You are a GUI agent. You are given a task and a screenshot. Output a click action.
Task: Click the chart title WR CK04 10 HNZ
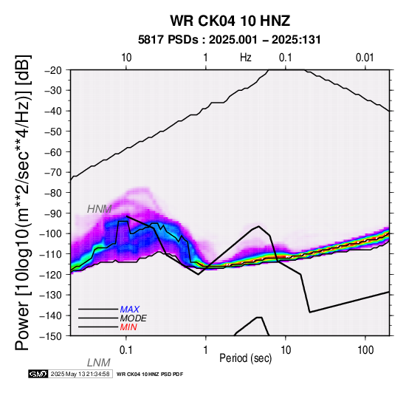click(230, 21)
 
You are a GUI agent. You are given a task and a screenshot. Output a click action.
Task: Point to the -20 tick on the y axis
click(54, 70)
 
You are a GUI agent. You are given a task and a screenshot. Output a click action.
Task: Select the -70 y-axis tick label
click(54, 173)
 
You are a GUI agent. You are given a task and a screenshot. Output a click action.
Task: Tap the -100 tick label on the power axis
click(52, 234)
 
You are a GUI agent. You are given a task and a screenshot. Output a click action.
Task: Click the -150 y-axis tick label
click(52, 336)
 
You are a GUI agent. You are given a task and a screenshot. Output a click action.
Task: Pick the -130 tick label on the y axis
click(52, 295)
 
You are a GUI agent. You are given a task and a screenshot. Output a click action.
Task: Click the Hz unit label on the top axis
click(246, 58)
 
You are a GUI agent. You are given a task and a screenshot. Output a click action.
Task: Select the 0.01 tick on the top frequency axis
click(365, 58)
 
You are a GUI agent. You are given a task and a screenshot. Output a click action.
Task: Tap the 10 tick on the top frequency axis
click(126, 58)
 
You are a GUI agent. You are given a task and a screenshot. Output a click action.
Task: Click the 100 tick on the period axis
click(365, 350)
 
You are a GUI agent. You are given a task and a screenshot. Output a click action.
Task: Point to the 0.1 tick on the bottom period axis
click(126, 350)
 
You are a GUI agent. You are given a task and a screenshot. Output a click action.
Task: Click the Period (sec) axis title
click(245, 358)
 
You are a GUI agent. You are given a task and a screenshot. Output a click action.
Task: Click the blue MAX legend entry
click(130, 310)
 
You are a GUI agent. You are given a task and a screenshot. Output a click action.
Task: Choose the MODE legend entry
click(134, 318)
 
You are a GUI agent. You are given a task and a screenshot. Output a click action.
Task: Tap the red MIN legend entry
click(128, 327)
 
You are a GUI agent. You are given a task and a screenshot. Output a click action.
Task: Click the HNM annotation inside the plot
click(100, 209)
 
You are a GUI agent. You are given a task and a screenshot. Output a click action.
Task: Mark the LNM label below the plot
click(99, 363)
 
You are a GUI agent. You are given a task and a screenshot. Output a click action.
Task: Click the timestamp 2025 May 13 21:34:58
click(80, 375)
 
